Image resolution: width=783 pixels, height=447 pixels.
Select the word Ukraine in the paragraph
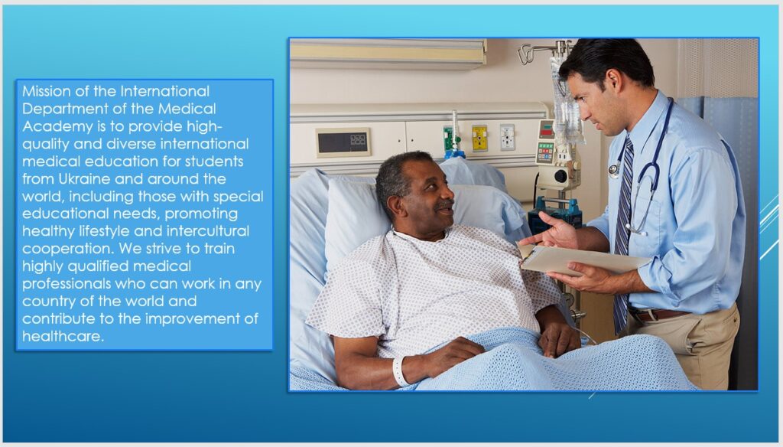84,178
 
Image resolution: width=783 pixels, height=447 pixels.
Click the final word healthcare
63,336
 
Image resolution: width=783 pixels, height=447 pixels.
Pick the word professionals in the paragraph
67,284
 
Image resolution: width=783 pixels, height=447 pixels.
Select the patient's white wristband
399,371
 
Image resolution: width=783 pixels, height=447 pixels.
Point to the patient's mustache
443,205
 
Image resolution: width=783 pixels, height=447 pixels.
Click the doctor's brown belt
658,315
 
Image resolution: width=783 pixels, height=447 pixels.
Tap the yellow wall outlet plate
479,139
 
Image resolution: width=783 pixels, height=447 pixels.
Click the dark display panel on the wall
343,142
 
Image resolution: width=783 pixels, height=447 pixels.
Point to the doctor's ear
612,81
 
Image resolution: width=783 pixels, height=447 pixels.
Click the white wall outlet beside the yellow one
508,137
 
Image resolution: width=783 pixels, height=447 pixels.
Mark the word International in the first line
165,91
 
